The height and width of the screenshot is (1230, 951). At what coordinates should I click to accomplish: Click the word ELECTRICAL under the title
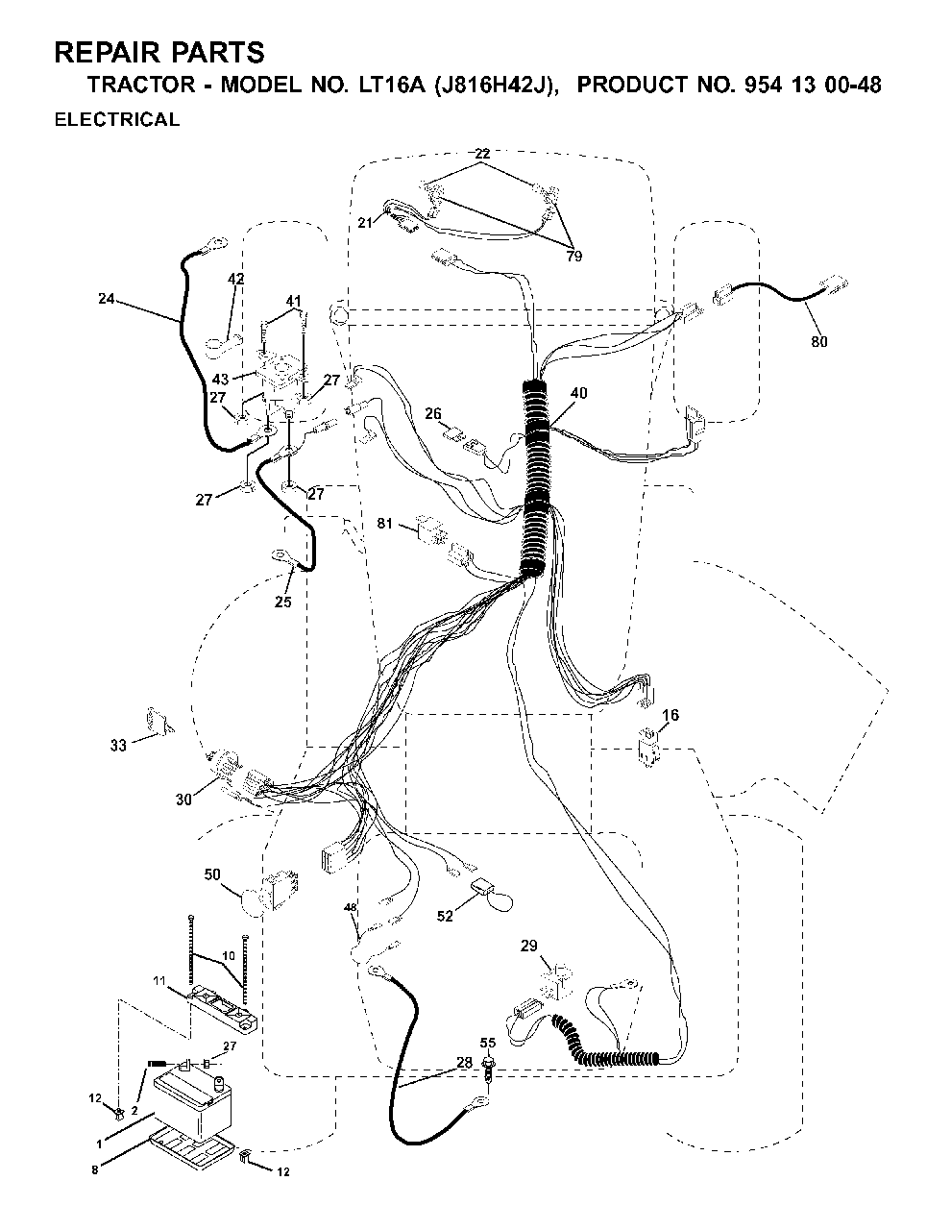[117, 119]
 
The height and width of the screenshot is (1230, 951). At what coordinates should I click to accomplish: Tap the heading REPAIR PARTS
[159, 53]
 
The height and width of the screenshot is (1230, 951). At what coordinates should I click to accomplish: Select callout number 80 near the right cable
[818, 341]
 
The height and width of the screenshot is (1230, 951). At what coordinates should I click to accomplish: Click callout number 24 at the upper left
[107, 298]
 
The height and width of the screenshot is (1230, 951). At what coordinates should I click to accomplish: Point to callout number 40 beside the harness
[579, 393]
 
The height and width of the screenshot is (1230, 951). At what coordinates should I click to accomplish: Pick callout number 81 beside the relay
[384, 524]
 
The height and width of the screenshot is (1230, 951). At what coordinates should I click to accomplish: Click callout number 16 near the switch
[671, 715]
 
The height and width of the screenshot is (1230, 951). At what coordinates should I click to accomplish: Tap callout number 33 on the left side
[118, 746]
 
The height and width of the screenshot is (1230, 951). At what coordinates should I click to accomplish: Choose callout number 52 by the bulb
[445, 916]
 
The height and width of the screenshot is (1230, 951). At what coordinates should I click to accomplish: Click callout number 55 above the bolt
[488, 1043]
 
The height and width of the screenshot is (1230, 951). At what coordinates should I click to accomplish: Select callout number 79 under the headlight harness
[573, 257]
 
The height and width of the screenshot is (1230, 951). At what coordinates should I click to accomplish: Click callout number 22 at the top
[482, 154]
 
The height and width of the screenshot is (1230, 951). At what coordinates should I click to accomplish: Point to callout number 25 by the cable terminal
[282, 602]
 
